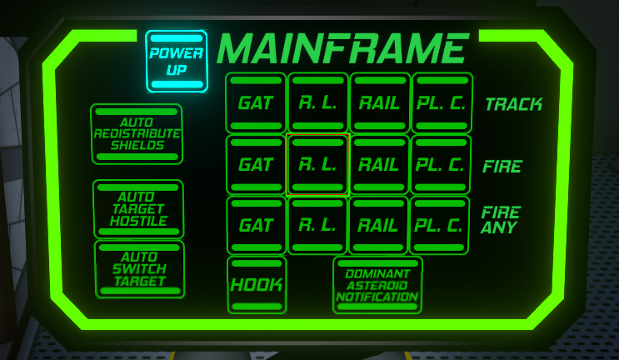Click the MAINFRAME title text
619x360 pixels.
(342, 48)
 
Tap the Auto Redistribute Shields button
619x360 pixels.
(137, 134)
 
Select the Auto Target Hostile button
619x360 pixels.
(138, 209)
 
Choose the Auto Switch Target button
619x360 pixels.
(139, 269)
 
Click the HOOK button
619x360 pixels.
(257, 285)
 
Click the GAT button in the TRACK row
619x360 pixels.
(256, 102)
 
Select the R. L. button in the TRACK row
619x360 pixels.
(317, 102)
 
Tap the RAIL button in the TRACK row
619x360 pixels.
(380, 102)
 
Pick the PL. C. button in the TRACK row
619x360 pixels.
(442, 102)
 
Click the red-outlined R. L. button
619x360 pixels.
(317, 164)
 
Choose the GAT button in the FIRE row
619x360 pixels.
(256, 165)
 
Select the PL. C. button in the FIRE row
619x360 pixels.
(441, 165)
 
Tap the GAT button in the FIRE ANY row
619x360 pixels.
(257, 225)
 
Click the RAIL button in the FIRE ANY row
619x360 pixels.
(378, 225)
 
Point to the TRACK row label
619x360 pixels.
(513, 104)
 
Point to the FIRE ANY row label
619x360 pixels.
(501, 219)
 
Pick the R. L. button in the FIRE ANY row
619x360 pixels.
(317, 225)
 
